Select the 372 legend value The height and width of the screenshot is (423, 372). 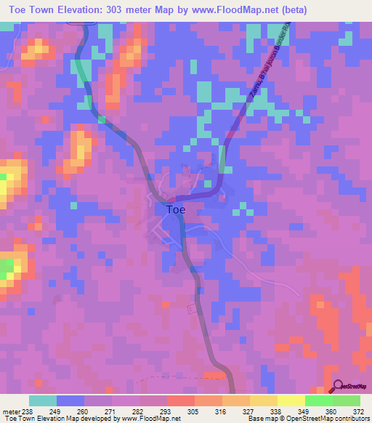(358, 411)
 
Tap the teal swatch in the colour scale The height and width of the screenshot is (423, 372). (43, 400)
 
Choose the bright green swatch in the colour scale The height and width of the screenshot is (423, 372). (319, 400)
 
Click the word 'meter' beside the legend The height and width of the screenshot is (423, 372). (11, 411)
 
